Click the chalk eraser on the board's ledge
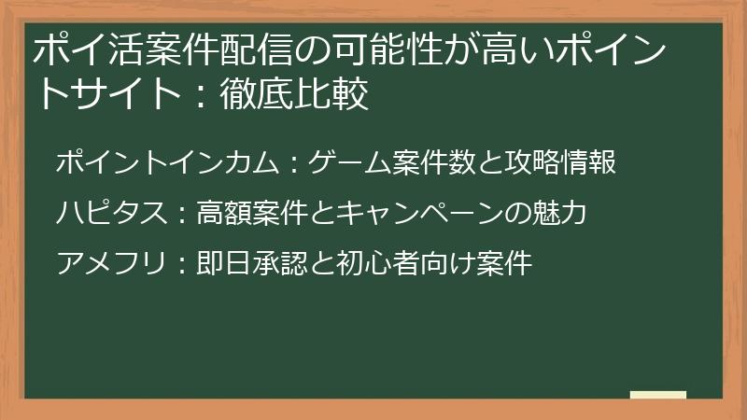[657, 395]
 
